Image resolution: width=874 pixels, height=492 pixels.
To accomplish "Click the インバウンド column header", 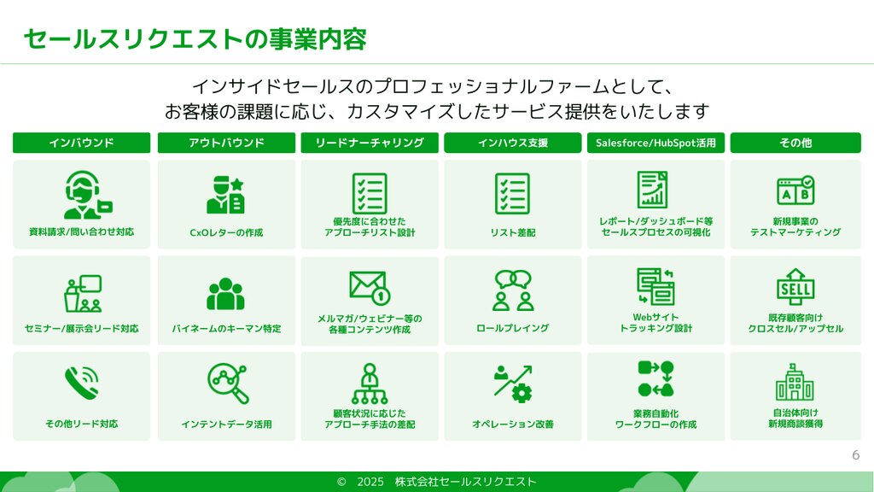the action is (x=81, y=143).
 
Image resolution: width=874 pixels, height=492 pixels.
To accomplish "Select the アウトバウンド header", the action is (x=226, y=143).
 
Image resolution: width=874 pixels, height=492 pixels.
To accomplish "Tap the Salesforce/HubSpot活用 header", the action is (x=655, y=143).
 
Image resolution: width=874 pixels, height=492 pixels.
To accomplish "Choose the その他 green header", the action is (x=795, y=143).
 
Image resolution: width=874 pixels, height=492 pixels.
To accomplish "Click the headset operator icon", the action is (x=86, y=195).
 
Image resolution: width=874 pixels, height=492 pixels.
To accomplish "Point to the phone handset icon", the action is (x=81, y=383).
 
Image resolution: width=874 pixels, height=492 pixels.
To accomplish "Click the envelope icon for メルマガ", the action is (x=370, y=287).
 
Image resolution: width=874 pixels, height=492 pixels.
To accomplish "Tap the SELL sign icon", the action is (x=795, y=287).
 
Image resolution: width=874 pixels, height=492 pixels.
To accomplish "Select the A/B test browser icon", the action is (x=795, y=190).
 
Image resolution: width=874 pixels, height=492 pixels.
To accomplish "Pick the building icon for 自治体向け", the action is (x=795, y=382).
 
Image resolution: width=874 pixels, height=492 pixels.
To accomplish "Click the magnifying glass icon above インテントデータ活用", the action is (x=227, y=384).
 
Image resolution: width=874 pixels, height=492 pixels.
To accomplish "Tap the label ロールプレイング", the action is (x=512, y=329).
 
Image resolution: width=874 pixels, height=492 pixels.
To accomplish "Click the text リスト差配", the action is (x=512, y=232).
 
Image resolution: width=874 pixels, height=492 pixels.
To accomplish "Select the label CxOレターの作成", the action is (x=226, y=232).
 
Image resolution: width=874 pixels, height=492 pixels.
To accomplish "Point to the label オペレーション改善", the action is (x=512, y=425).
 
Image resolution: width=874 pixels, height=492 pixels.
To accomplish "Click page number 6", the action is (x=855, y=455).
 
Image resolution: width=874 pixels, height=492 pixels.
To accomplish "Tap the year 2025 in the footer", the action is (x=370, y=482).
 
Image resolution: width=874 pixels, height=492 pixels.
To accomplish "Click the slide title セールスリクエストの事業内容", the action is (x=195, y=39).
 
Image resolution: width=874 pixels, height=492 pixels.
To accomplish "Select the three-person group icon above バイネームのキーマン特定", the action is (x=225, y=294).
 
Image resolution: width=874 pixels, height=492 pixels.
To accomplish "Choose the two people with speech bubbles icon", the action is (x=513, y=290).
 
